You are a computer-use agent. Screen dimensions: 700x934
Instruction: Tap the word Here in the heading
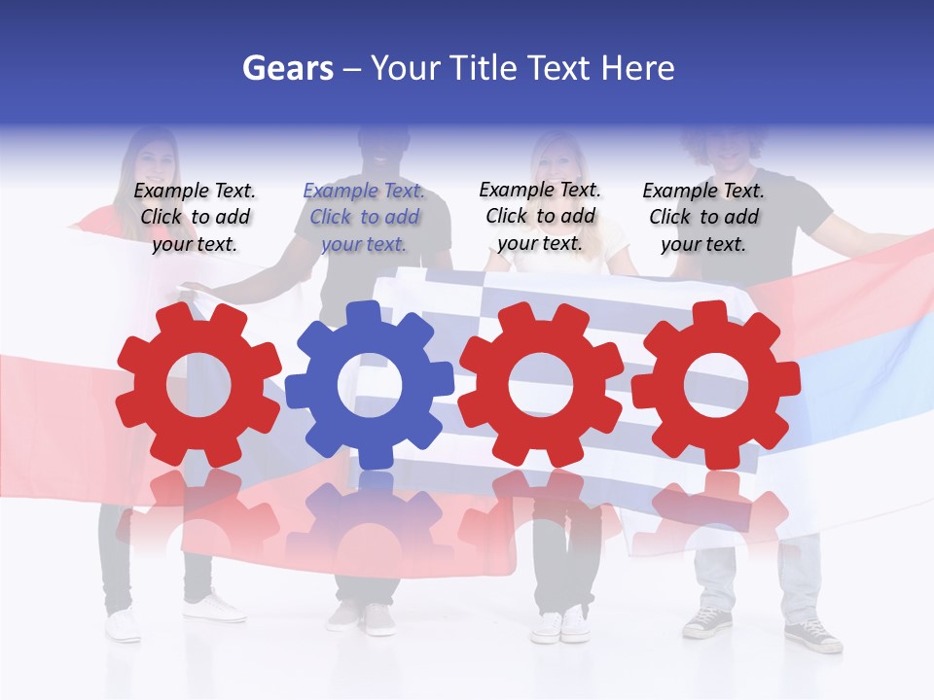637,68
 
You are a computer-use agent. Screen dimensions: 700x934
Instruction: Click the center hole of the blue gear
370,385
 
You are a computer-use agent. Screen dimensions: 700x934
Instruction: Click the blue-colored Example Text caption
365,218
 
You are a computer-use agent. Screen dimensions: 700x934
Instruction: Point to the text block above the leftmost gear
195,218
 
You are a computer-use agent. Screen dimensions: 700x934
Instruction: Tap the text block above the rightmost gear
703,218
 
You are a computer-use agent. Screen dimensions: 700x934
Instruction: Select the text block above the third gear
540,218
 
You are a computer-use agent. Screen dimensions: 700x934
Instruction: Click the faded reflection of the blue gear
370,525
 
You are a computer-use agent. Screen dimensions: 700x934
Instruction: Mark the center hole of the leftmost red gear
198,385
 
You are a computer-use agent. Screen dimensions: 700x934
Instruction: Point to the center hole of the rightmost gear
716,385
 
